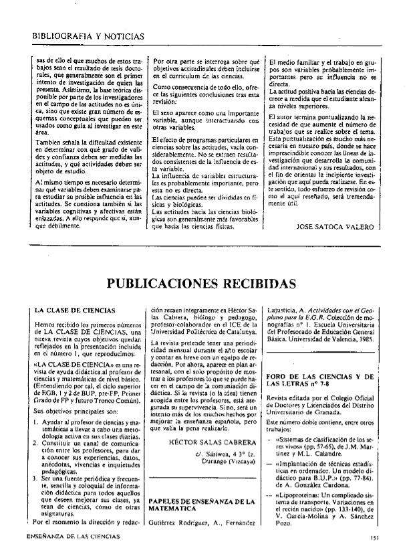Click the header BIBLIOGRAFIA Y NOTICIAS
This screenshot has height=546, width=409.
tap(88, 34)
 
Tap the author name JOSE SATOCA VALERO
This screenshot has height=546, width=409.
tap(334, 227)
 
